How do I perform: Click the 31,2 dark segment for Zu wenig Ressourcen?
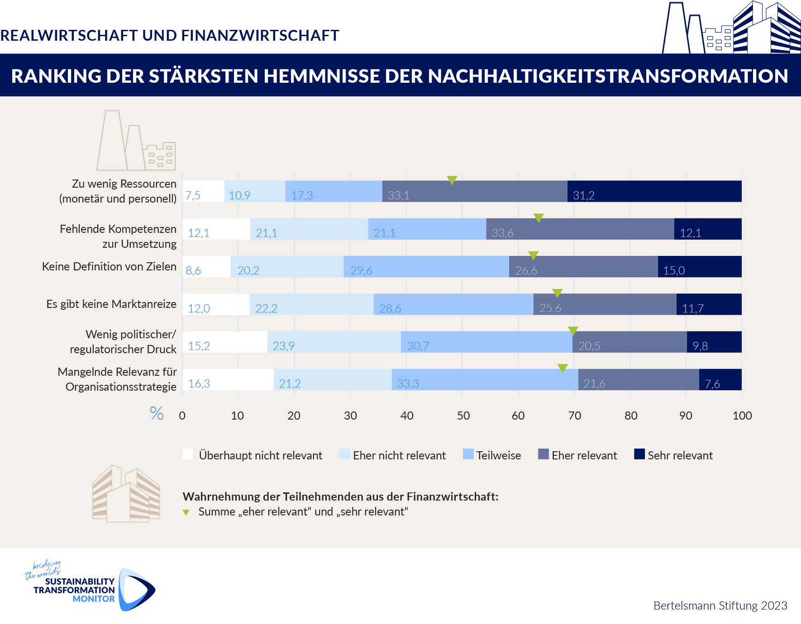point(654,191)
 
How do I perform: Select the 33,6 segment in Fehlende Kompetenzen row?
point(580,229)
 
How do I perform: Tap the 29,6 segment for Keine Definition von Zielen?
point(426,266)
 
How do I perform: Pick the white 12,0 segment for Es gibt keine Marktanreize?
point(216,304)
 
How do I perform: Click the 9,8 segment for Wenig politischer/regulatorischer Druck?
point(714,342)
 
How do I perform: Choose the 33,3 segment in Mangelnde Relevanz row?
point(485,379)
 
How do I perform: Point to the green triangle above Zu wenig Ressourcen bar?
point(452,180)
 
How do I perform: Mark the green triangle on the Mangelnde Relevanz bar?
point(563,368)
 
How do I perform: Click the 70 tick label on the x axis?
point(574,416)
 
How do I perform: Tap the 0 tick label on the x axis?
point(182,416)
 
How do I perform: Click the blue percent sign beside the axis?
point(157,413)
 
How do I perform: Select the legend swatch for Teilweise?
point(468,454)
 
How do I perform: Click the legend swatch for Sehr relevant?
point(639,454)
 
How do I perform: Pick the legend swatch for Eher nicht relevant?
point(344,454)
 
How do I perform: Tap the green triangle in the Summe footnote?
point(186,512)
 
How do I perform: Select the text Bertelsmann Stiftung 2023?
point(720,605)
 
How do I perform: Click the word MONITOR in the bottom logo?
point(94,599)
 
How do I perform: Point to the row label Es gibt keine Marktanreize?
point(111,304)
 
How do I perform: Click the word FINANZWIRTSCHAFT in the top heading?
point(260,35)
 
